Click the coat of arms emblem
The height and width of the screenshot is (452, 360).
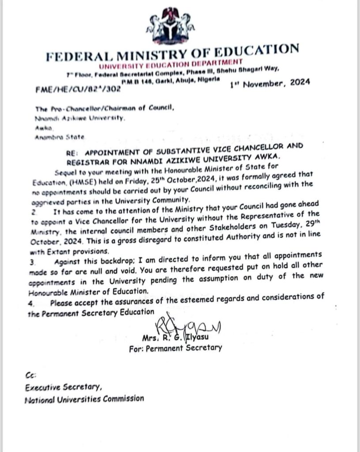(169, 24)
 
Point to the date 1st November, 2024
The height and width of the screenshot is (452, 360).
(270, 83)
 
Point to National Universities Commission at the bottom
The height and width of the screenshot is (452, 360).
(84, 399)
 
